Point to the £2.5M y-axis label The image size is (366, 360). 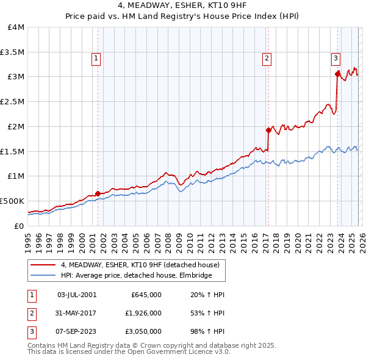[13, 101]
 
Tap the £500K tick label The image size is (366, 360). [12, 200]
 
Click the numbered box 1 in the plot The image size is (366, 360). [97, 59]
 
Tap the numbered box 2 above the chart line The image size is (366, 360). [267, 59]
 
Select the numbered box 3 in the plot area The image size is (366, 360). [335, 59]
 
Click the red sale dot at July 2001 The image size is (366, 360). [98, 193]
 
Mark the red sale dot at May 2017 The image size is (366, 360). [268, 130]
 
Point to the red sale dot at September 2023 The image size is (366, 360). [337, 74]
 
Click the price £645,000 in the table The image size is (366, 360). [146, 295]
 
